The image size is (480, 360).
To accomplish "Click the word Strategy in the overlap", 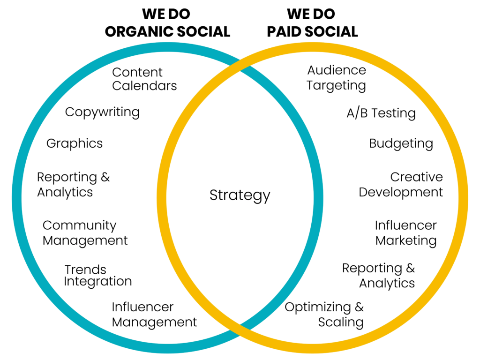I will (x=240, y=195).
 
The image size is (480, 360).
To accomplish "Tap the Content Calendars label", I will (x=144, y=79).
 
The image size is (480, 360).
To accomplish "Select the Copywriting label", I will (x=102, y=112).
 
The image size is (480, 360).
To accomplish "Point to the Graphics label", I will (x=75, y=143).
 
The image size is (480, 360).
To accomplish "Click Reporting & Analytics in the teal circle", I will (x=73, y=185).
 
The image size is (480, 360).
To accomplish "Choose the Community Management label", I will (x=85, y=233).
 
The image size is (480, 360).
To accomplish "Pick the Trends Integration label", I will (x=98, y=276).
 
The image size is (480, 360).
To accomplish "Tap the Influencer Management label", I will (x=154, y=315).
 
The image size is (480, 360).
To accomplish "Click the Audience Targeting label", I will (x=337, y=78).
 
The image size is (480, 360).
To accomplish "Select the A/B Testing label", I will (x=381, y=113).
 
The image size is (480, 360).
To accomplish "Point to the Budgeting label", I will (x=401, y=144).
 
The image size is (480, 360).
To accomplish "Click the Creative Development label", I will (x=401, y=185).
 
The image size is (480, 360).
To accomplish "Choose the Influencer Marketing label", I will (x=406, y=233).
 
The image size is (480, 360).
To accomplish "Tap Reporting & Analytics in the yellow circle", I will (x=379, y=276).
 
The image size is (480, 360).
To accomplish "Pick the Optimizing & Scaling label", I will (x=324, y=315).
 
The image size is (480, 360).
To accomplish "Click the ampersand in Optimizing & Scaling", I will (x=359, y=307).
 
